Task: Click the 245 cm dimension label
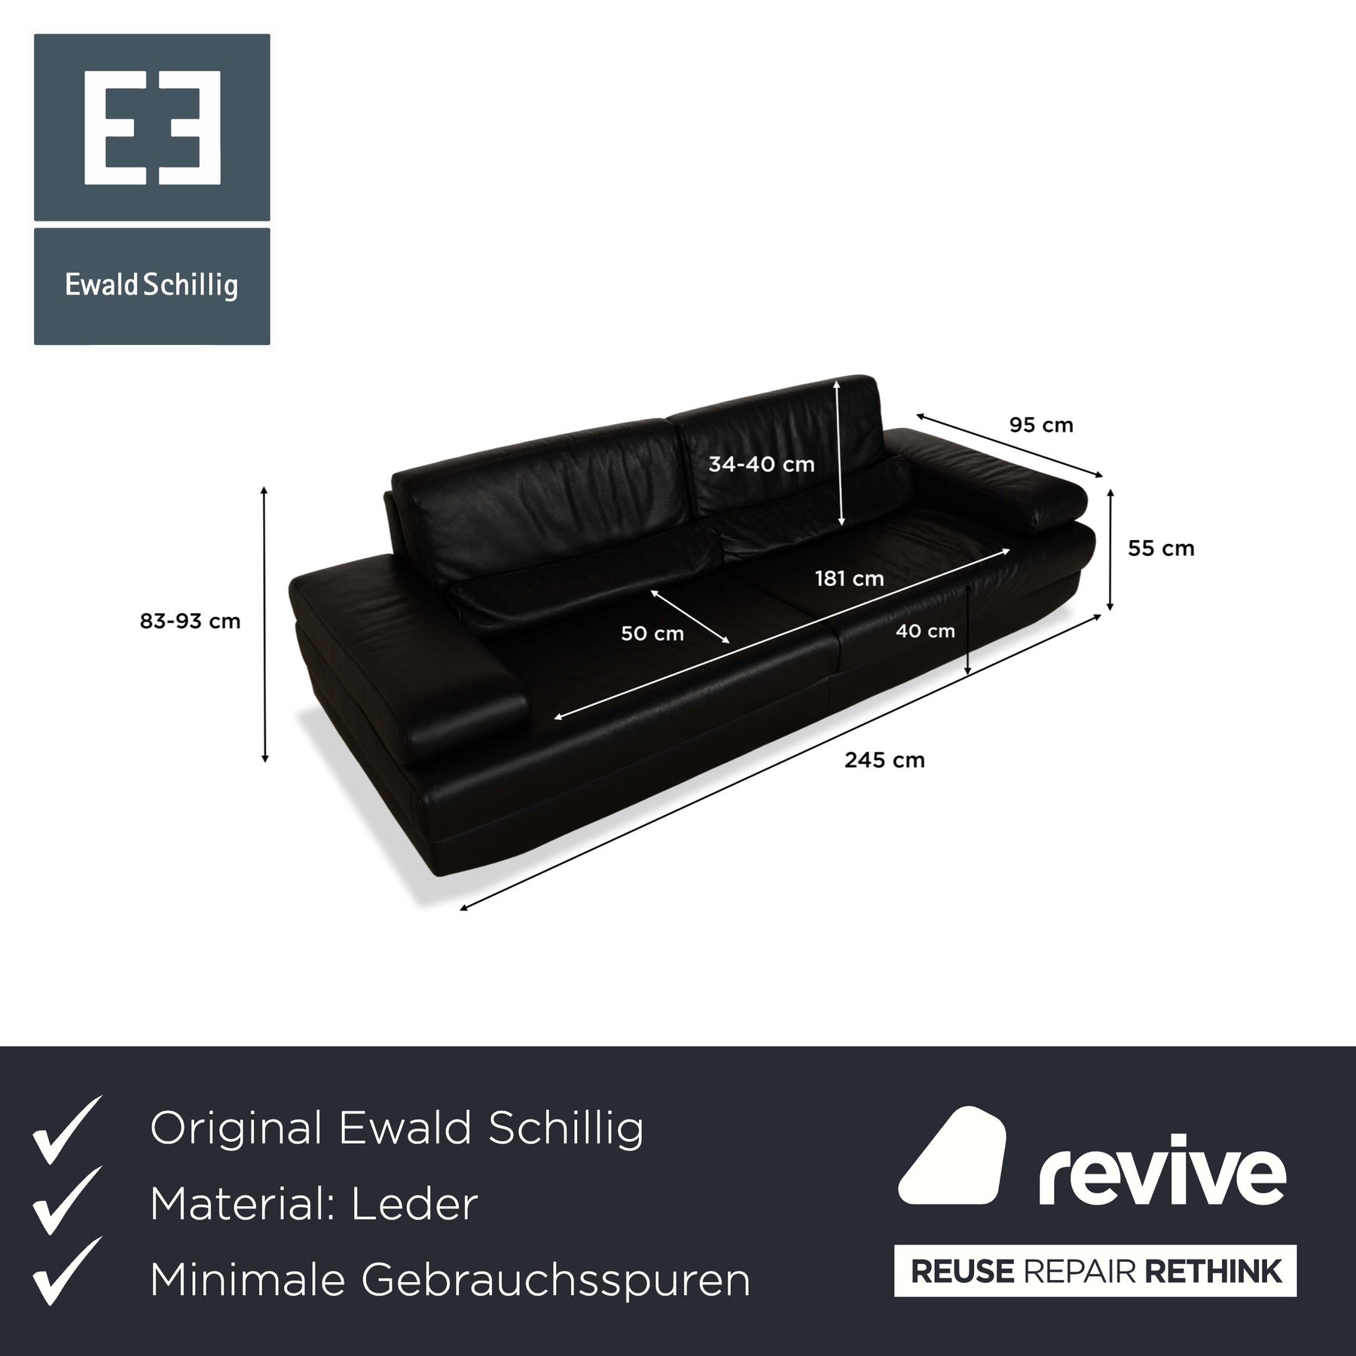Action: (884, 760)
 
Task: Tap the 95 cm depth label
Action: (1041, 425)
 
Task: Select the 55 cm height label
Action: (1161, 548)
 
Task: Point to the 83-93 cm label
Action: (190, 621)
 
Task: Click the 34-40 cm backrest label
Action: (761, 464)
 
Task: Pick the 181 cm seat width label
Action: (849, 579)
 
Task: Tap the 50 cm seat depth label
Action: (652, 634)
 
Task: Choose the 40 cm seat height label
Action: (925, 631)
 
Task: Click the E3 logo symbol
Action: (152, 127)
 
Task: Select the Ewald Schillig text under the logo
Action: (151, 286)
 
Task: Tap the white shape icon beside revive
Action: (952, 1156)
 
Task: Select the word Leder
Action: (414, 1205)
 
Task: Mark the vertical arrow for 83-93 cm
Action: (264, 625)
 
